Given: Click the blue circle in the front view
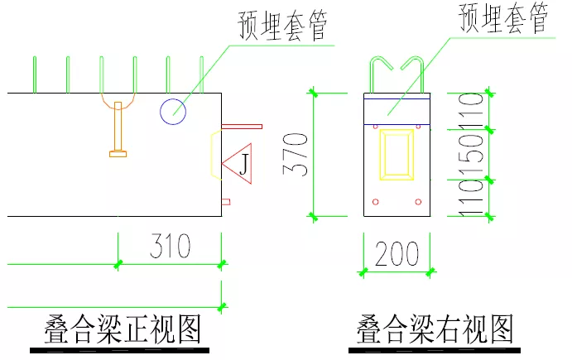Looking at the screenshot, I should click(x=173, y=111).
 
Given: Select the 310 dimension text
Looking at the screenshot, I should click(x=170, y=246).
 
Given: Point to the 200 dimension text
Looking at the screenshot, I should click(x=397, y=255).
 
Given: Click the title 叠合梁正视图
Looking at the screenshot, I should click(x=123, y=330).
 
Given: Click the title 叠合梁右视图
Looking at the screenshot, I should click(x=435, y=330).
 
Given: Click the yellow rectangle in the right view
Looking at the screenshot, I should click(x=397, y=155).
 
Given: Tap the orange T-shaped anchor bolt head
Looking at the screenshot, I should click(x=119, y=152).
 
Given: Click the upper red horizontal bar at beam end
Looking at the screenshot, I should click(x=241, y=127).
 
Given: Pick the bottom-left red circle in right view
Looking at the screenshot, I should click(x=376, y=201).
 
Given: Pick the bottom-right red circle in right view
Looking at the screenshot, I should click(x=419, y=201).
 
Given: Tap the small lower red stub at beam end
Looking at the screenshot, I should click(x=225, y=201).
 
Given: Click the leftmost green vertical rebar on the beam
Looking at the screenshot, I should click(x=34, y=74).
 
